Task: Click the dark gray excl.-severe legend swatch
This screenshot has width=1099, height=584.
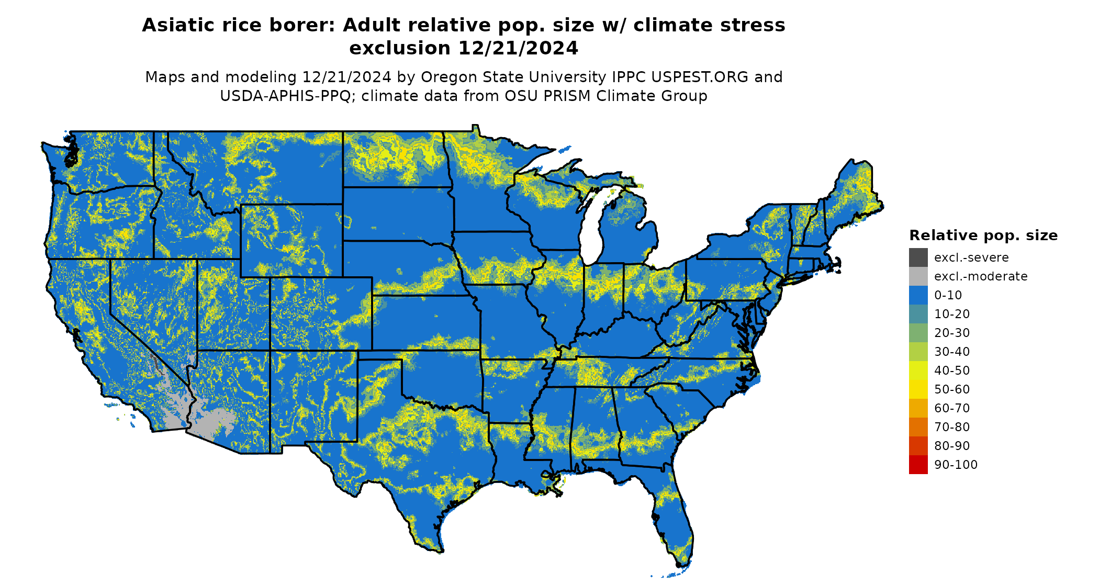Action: point(918,257)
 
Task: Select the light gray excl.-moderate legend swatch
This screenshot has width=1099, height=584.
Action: point(918,276)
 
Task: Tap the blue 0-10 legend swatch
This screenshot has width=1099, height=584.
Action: point(918,295)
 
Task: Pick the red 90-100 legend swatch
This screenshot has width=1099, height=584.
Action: point(918,465)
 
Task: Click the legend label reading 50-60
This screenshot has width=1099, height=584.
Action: point(952,389)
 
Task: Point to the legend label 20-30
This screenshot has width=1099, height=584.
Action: point(952,333)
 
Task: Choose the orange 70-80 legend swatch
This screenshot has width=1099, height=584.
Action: point(918,427)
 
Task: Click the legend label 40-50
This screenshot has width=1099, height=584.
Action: point(952,370)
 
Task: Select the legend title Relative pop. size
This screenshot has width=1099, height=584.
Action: point(983,235)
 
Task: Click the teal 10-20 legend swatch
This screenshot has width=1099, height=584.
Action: point(918,314)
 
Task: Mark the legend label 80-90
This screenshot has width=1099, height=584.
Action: point(952,446)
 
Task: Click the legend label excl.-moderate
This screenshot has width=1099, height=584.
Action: point(981,276)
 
